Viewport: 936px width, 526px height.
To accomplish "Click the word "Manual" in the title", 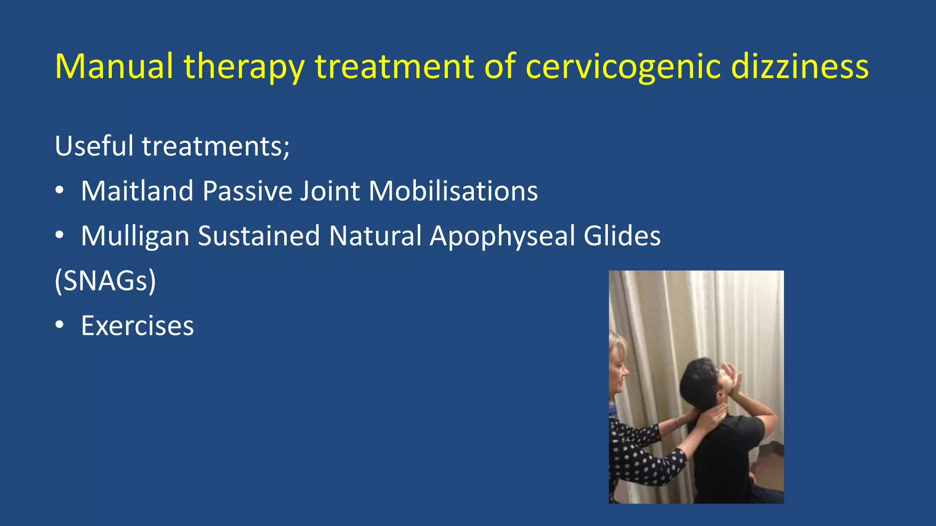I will (114, 66).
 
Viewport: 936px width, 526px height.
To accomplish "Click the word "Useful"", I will (94, 146).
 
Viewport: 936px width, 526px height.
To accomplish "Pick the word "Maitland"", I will (138, 190).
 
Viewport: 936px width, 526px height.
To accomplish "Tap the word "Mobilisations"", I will (453, 190).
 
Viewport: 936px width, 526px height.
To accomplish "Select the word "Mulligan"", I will (135, 236).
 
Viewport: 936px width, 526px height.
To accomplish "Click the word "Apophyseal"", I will (502, 236).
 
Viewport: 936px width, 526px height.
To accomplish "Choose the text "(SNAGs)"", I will (105, 280).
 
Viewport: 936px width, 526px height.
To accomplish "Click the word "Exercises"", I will (137, 326).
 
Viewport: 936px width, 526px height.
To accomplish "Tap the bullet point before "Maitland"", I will (59, 191).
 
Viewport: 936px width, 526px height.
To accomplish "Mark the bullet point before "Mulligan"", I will (59, 236).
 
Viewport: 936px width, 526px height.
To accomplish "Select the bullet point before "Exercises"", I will (59, 326).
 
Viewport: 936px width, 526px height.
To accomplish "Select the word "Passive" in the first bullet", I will (247, 190).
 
